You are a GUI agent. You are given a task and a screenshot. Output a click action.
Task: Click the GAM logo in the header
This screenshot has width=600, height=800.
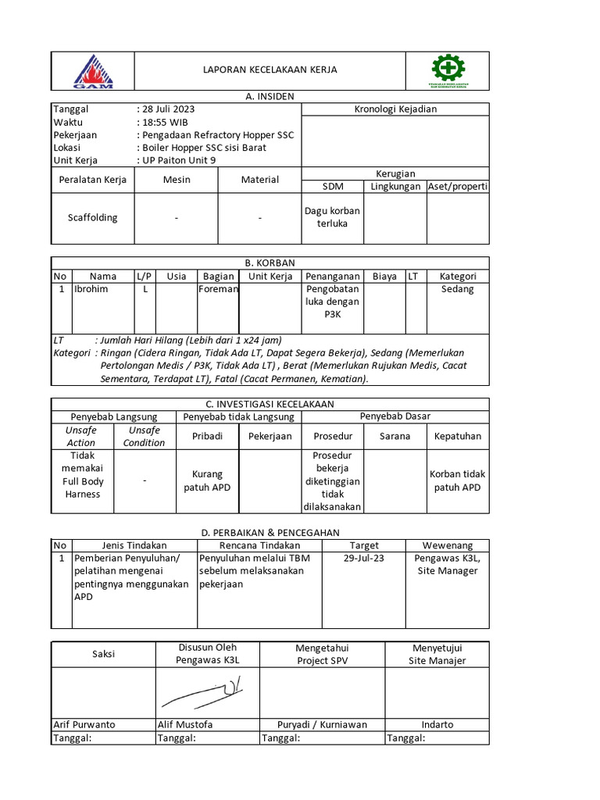point(94,70)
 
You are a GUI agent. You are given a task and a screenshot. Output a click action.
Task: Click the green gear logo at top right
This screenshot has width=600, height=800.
point(448,70)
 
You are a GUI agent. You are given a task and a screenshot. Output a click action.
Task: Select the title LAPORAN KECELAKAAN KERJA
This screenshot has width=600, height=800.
point(270,70)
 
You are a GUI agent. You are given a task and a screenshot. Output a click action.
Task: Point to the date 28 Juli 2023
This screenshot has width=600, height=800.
point(168,109)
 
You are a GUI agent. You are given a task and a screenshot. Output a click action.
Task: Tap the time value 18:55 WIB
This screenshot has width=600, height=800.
point(165,123)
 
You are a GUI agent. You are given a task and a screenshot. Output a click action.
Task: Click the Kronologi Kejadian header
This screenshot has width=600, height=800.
point(395,109)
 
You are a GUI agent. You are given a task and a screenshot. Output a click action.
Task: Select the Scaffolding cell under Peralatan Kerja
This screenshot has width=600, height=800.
point(92,217)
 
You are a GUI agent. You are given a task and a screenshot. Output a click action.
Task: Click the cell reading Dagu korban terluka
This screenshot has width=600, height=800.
point(332,217)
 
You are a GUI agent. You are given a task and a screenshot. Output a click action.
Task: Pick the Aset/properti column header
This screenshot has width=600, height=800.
point(458,187)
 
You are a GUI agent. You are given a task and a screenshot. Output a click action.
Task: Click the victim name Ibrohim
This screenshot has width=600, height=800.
point(92,289)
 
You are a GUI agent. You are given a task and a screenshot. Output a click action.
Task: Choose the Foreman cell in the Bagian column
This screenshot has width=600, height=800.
point(218,289)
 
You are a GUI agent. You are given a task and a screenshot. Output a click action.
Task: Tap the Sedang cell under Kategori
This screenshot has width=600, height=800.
point(458,289)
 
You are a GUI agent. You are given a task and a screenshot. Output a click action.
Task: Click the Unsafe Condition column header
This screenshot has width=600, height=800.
point(145,437)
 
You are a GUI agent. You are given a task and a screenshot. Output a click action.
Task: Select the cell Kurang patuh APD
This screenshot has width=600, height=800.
point(208,481)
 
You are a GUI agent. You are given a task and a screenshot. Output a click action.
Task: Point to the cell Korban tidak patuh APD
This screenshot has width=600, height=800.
point(458,481)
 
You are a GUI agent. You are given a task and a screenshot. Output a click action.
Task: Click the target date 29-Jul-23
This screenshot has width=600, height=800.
point(364,559)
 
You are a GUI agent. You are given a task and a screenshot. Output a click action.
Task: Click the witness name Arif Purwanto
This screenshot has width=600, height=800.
point(84,724)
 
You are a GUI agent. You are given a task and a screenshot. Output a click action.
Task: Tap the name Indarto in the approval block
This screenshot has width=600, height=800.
point(437,724)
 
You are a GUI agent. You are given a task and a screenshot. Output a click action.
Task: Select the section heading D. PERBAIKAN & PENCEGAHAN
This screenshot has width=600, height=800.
point(270,532)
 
